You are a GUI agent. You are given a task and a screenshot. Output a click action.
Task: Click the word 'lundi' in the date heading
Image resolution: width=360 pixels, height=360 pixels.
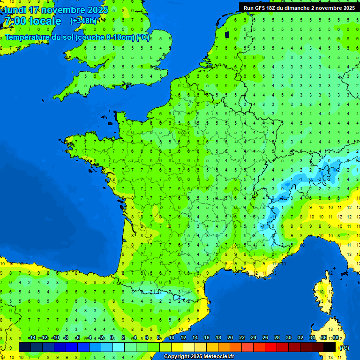[15, 10]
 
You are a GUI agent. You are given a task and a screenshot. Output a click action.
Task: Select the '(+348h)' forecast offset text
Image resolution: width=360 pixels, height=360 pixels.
[83, 21]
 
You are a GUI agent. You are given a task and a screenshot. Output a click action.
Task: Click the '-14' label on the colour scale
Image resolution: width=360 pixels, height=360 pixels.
[32, 338]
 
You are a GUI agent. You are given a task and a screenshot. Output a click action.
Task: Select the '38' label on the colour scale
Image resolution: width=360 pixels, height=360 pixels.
[336, 338]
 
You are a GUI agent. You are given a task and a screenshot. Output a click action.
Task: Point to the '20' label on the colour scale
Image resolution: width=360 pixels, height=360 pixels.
[230, 338]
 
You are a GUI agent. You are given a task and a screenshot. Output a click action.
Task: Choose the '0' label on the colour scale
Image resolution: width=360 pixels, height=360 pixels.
[112, 338]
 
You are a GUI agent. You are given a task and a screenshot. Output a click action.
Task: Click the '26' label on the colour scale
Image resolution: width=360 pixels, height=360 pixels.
[265, 338]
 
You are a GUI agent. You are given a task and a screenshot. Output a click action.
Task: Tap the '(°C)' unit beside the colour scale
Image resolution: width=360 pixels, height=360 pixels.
[344, 348]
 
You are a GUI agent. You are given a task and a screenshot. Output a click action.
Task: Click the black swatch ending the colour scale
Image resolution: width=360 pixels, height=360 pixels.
[330, 347]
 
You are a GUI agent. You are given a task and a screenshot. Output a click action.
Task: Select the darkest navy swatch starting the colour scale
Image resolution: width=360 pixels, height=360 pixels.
[24, 347]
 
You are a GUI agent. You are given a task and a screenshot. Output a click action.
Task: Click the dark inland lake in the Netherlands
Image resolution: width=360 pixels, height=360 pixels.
[227, 34]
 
